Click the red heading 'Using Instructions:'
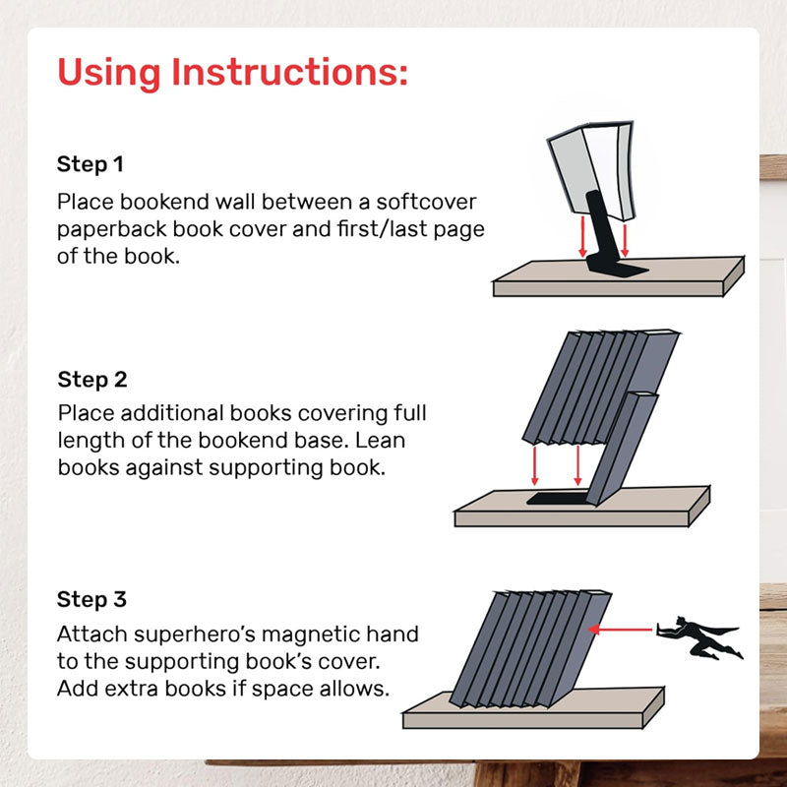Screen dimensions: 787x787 click(232, 73)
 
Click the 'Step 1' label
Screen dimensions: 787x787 click(91, 164)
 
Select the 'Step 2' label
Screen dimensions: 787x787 click(92, 380)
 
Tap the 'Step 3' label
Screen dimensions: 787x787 click(91, 599)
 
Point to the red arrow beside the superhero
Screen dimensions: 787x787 click(621, 629)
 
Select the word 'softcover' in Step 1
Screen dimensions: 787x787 click(426, 203)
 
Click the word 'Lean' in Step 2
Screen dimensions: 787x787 click(380, 441)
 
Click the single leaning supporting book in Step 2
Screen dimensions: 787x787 click(623, 447)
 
